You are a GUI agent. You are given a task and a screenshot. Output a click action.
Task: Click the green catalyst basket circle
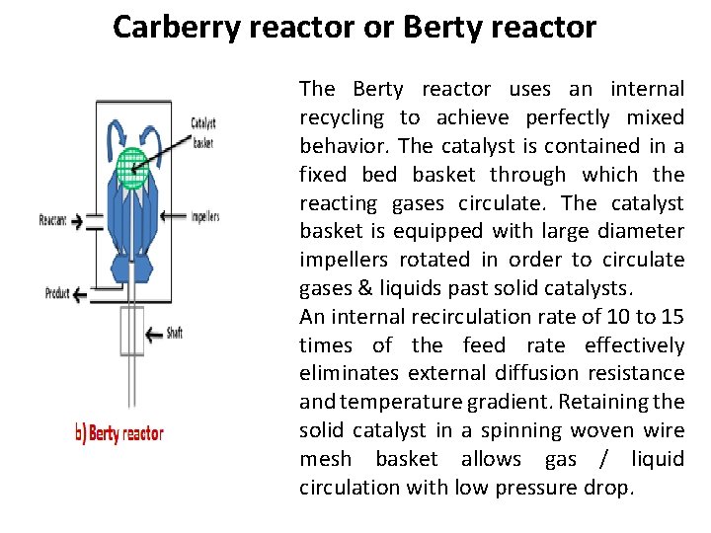point(131,168)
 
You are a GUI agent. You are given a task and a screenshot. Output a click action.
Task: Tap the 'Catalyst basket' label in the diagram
point(203,132)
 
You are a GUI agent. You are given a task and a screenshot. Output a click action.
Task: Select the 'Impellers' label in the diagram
point(205,216)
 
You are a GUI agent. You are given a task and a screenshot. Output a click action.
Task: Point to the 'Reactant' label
point(52,220)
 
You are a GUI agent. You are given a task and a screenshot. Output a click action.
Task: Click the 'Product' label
point(58,293)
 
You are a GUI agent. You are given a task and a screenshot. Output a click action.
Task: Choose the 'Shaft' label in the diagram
point(174,334)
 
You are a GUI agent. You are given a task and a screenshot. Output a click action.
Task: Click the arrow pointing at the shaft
point(153,335)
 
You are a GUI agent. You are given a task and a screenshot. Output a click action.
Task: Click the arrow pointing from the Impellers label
point(175,216)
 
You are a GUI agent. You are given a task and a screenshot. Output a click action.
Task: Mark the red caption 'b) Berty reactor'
point(119,433)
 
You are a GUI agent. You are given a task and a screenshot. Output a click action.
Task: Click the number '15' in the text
point(672,317)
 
